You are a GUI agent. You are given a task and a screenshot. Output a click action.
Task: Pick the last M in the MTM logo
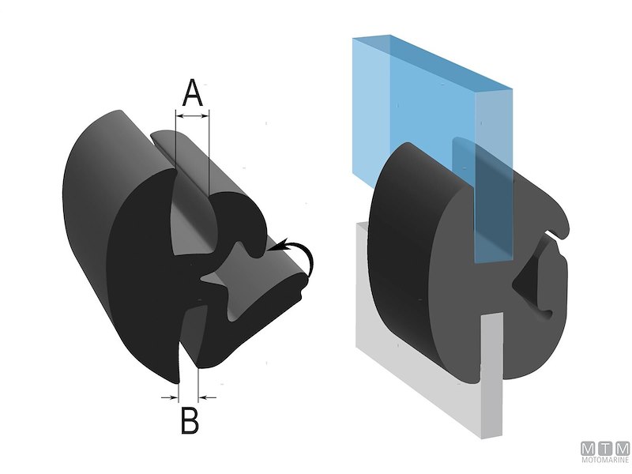[622, 447]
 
